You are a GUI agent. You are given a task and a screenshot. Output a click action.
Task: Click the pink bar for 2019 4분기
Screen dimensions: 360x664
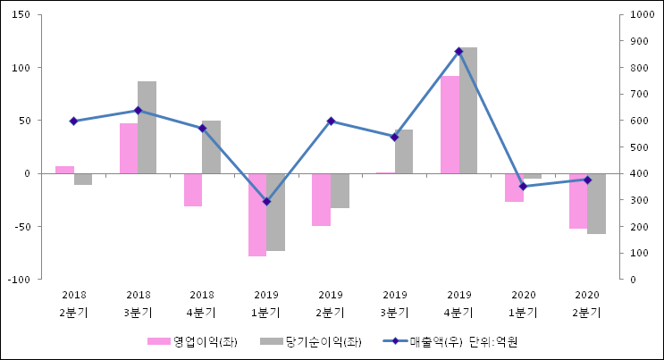(450, 125)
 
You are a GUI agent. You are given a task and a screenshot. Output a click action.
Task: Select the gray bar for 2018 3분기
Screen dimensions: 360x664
(147, 127)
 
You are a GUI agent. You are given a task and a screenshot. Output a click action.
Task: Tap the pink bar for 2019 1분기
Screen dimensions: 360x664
(257, 214)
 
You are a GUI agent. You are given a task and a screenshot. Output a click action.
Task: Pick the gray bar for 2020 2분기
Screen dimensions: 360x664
(596, 204)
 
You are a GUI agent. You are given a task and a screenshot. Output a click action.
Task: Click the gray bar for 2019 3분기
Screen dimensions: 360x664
(404, 151)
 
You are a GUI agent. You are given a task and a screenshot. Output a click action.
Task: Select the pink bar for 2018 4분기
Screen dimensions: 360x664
(193, 189)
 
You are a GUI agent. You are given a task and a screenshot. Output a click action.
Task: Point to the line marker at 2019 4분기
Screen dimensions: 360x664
(458, 52)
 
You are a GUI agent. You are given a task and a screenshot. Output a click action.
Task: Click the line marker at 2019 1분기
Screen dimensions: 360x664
(266, 202)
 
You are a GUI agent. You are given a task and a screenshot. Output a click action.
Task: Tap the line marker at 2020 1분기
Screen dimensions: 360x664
(523, 187)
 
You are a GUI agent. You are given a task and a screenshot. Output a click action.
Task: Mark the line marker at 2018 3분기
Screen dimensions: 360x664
(138, 111)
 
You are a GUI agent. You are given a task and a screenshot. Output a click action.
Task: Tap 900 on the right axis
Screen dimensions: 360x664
(638, 41)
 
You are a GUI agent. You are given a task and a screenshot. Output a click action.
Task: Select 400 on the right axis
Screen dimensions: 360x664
(638, 173)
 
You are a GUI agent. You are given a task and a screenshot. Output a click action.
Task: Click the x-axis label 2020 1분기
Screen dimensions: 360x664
(523, 304)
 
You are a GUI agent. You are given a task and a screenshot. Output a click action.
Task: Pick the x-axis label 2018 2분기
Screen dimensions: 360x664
(73, 304)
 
